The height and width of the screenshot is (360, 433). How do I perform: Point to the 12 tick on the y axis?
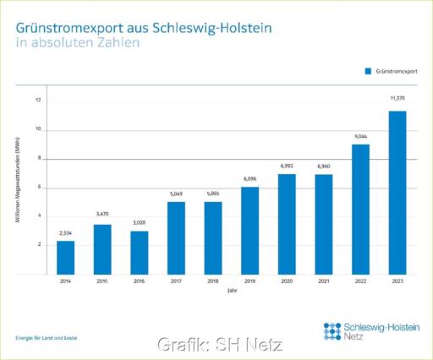38,101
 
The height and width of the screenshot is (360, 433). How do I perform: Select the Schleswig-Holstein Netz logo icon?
333,330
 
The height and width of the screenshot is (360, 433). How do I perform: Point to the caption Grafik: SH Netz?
219,345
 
